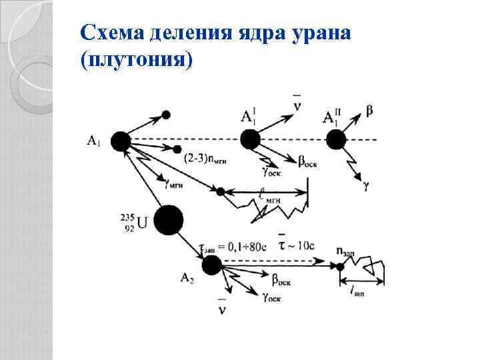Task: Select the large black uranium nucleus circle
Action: [x=168, y=220]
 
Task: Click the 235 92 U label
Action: [x=133, y=221]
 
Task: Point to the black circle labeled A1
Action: [x=121, y=141]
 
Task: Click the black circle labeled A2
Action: [x=211, y=265]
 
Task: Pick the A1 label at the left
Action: [x=94, y=140]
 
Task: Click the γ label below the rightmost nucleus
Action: [x=367, y=187]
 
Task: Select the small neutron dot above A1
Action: [x=166, y=115]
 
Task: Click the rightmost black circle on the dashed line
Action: [x=335, y=140]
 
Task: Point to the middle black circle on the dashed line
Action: [x=250, y=140]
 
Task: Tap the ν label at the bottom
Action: [x=222, y=311]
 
